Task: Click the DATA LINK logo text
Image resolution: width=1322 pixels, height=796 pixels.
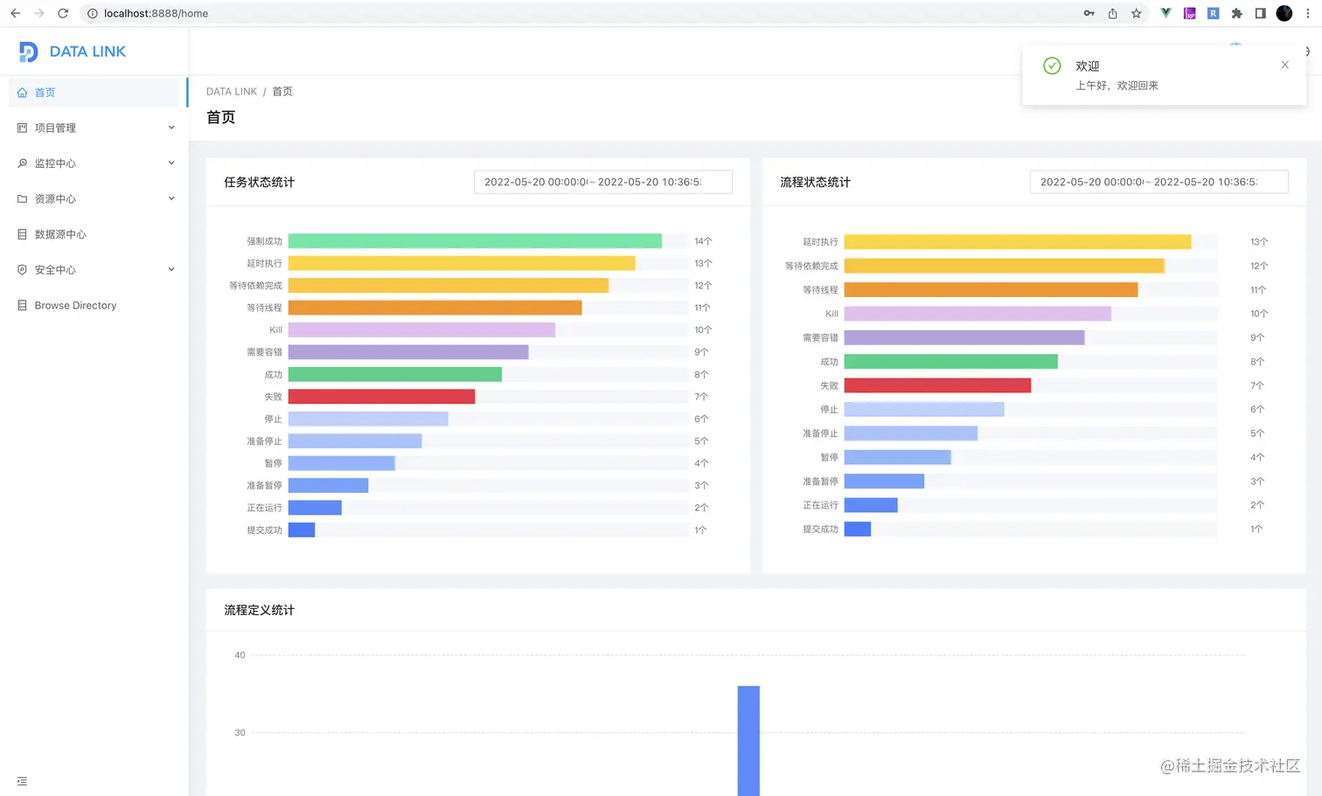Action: (x=87, y=52)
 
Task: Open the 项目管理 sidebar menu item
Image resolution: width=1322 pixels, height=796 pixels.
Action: (x=55, y=128)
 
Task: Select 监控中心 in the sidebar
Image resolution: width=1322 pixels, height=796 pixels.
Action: (x=55, y=163)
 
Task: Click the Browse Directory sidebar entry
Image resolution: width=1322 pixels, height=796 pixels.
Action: (x=75, y=306)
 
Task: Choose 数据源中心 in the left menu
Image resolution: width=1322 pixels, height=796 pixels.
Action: (x=60, y=234)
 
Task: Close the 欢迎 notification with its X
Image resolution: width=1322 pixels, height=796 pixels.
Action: (x=1284, y=65)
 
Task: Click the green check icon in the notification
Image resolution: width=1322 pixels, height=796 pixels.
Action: (x=1052, y=66)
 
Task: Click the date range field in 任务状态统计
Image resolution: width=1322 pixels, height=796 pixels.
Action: (x=602, y=182)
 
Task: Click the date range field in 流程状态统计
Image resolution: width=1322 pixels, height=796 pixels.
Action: (x=1158, y=182)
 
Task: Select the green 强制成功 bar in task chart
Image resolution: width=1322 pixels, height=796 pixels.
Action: (x=475, y=241)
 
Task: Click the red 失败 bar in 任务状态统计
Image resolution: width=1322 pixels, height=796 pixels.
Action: (x=381, y=397)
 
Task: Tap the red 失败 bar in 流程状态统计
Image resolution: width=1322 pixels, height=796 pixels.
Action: (x=937, y=385)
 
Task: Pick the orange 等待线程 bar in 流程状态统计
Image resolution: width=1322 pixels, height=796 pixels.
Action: (x=991, y=290)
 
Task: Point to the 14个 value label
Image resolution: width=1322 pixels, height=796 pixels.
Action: (x=703, y=241)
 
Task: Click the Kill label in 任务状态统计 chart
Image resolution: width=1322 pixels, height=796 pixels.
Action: (x=275, y=330)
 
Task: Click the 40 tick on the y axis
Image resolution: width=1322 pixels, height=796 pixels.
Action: (x=240, y=655)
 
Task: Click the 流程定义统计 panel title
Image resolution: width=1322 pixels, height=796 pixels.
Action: (x=259, y=610)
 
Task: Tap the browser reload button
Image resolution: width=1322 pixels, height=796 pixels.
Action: (x=63, y=13)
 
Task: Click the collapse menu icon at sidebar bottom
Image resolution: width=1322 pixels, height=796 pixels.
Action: (x=22, y=781)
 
